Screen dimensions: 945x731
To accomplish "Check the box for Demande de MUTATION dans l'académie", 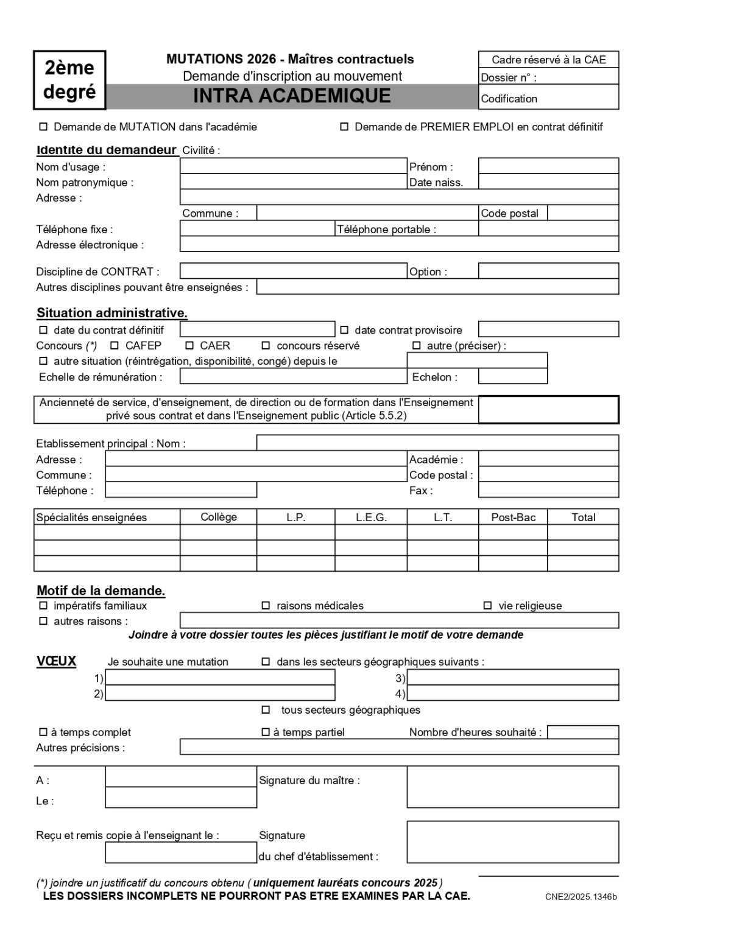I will [x=43, y=127].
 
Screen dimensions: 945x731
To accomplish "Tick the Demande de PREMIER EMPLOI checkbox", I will [x=344, y=127].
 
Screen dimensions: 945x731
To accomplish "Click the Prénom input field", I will [x=548, y=166].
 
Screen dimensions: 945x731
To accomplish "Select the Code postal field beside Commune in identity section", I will [x=583, y=213].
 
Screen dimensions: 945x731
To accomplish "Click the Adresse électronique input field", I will [x=399, y=244].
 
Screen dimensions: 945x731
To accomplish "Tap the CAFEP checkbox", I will [x=115, y=345].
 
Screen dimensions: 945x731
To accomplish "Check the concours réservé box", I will [x=266, y=345].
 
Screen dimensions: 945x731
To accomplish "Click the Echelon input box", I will [x=512, y=376].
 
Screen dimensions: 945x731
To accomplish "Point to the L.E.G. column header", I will [x=371, y=517].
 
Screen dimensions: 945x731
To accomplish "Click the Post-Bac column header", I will [x=513, y=517].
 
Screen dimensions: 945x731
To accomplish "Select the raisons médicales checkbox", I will [x=266, y=605].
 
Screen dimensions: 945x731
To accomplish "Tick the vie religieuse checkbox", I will [x=487, y=605].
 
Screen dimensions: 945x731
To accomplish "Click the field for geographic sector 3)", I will [x=512, y=677].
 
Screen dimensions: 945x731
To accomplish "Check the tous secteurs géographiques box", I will [x=266, y=709].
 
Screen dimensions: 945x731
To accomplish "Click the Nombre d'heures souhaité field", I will [x=583, y=732].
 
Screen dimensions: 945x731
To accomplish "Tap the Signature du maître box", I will [x=512, y=787].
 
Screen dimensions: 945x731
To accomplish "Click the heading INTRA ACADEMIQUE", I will [x=292, y=96].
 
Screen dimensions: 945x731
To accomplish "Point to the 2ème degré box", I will [x=69, y=80].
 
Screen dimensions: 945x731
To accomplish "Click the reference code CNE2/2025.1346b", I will [x=581, y=896].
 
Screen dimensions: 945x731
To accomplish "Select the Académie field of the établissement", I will [x=548, y=459].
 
